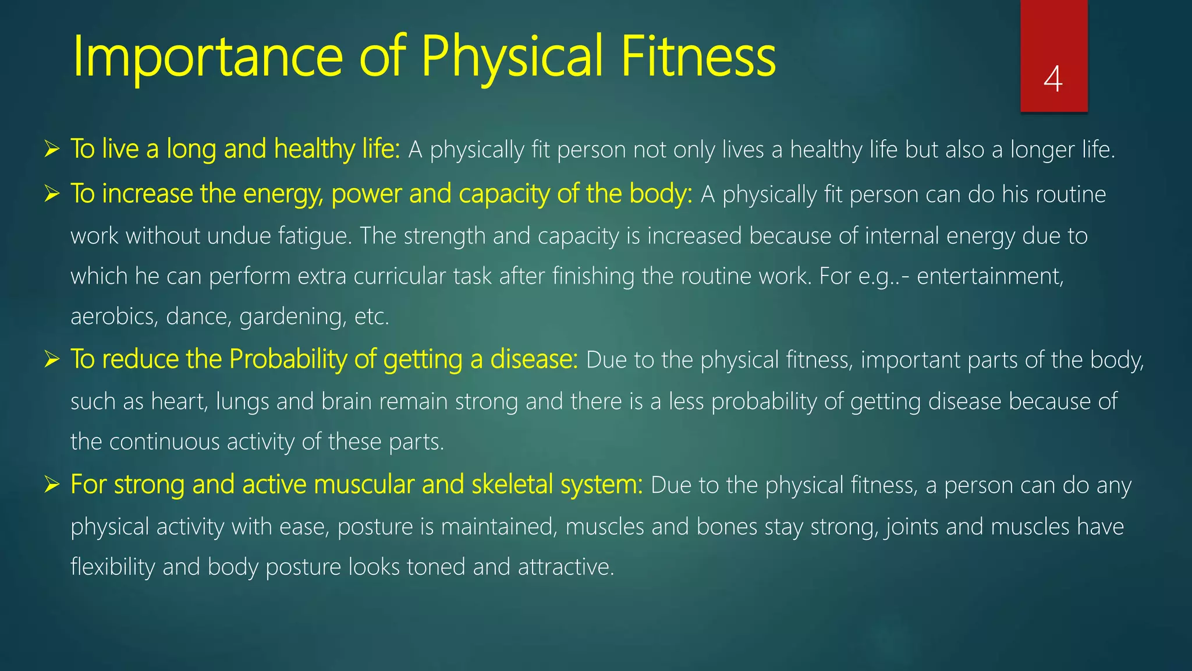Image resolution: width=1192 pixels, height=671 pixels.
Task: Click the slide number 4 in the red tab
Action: point(1053,79)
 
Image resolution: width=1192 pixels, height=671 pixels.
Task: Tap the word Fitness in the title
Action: point(698,56)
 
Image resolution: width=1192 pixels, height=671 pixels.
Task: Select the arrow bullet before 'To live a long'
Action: point(52,150)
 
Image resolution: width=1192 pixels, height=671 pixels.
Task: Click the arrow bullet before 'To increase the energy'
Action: point(52,194)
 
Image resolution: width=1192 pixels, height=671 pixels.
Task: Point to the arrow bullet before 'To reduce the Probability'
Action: point(52,359)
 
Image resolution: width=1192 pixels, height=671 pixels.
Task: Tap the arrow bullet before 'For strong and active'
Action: point(52,485)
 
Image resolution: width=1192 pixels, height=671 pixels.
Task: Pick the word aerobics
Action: point(114,317)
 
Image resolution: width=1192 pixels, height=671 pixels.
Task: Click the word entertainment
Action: point(990,276)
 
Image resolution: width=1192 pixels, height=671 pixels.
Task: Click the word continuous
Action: point(164,442)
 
